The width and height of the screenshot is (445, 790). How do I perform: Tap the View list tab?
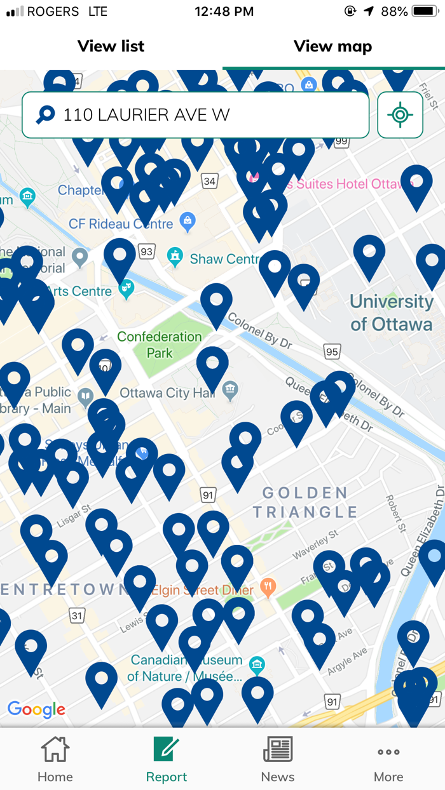tap(111, 46)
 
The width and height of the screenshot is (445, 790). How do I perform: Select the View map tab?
tap(332, 46)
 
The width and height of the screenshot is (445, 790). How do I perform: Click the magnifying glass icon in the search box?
tap(45, 115)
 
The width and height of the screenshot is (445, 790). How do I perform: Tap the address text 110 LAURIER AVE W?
tap(146, 115)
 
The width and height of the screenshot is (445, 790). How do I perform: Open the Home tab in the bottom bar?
tap(55, 759)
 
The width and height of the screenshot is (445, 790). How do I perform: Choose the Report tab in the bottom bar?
tap(167, 759)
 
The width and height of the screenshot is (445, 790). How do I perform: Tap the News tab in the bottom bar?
tap(278, 759)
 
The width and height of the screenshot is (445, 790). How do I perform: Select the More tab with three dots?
tap(388, 759)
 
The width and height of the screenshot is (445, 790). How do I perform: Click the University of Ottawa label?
tap(391, 312)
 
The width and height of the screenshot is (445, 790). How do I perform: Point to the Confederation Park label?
tap(160, 344)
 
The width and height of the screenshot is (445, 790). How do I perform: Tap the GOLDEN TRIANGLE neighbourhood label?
tap(305, 502)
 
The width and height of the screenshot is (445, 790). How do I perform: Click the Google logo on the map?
tap(36, 709)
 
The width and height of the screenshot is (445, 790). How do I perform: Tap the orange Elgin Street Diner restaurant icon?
tap(268, 589)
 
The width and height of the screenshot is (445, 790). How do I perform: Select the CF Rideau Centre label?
tap(121, 224)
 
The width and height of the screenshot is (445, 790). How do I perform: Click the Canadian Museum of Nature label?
tap(184, 668)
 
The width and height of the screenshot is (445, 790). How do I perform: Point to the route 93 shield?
tap(147, 252)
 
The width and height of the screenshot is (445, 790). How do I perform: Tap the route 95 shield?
tap(332, 351)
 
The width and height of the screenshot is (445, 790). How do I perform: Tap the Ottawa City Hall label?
tap(167, 393)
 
